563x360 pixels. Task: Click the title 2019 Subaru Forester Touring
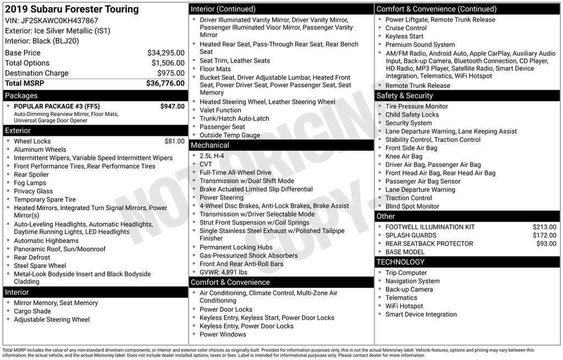(x=71, y=9)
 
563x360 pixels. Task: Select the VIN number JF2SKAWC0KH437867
(x=59, y=21)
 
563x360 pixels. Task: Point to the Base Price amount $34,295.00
(x=165, y=53)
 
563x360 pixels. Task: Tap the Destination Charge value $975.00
(x=171, y=73)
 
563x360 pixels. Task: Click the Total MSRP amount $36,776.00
(x=165, y=84)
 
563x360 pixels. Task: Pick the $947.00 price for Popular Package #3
(x=172, y=106)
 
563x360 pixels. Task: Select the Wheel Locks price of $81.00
(x=174, y=141)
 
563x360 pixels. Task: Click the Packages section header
(x=21, y=96)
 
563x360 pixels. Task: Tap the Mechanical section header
(x=210, y=145)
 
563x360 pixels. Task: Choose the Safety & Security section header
(x=405, y=96)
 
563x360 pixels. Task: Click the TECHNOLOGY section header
(x=400, y=262)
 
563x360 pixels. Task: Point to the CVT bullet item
(x=206, y=164)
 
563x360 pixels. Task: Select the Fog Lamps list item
(x=30, y=183)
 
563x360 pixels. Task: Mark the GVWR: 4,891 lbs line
(x=223, y=272)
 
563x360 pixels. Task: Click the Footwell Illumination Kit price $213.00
(x=544, y=227)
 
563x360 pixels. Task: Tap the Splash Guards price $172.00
(x=544, y=235)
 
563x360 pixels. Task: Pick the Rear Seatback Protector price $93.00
(x=546, y=243)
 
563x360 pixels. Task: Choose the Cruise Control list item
(x=406, y=28)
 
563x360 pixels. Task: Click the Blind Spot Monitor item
(x=412, y=206)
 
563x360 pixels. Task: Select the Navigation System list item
(x=412, y=281)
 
